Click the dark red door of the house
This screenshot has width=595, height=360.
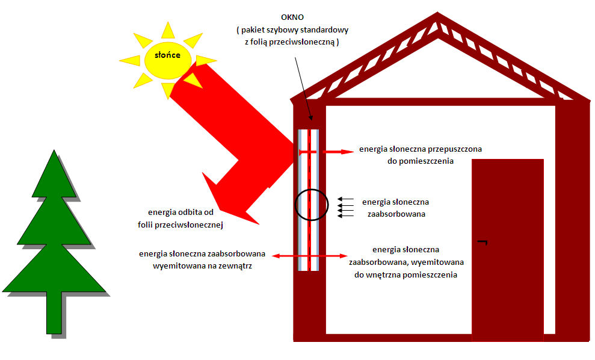[x=507, y=253]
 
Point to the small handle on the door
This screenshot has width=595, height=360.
[x=482, y=242]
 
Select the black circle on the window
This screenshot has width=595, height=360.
[x=311, y=205]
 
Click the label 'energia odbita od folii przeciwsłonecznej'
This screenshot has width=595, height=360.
[x=180, y=219]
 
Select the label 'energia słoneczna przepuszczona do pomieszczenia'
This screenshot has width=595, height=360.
[x=421, y=155]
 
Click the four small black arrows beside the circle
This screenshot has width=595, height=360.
[x=345, y=206]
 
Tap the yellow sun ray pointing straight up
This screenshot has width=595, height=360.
[x=168, y=29]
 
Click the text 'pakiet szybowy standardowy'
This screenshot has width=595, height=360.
[x=299, y=29]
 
